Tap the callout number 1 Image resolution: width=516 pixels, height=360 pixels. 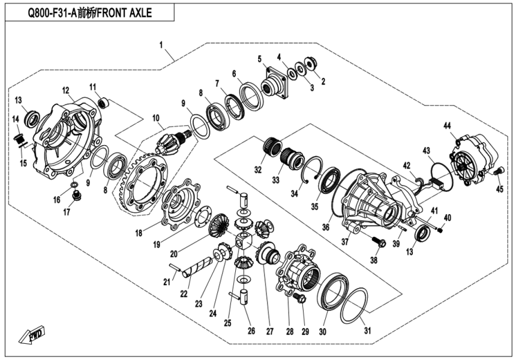tap(161, 45)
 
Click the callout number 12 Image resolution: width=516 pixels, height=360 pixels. tap(65, 90)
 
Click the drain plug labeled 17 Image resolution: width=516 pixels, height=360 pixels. tap(76, 196)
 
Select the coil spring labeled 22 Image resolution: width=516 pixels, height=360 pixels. tap(198, 266)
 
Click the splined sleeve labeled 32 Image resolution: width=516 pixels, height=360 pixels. tap(273, 146)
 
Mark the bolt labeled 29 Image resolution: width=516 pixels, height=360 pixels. tap(301, 298)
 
